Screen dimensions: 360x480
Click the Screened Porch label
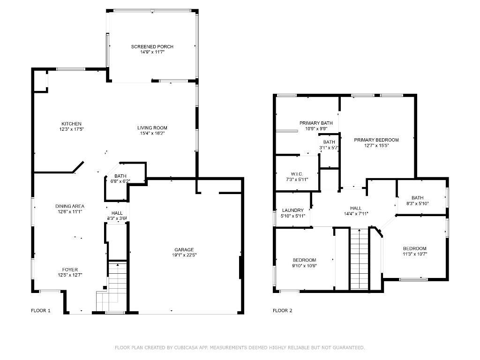(152, 46)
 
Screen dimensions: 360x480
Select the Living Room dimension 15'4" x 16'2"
(152, 133)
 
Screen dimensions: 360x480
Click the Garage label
(184, 250)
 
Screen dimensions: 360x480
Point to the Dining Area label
(70, 206)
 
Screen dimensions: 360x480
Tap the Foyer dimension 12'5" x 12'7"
(70, 275)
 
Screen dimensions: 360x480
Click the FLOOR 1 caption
(41, 310)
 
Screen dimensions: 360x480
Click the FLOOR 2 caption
(283, 310)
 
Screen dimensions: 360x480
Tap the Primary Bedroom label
(376, 140)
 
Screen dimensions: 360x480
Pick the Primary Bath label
(313, 123)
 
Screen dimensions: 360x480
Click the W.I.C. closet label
(297, 173)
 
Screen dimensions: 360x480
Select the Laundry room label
(293, 210)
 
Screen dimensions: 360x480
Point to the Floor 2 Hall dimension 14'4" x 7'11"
(356, 213)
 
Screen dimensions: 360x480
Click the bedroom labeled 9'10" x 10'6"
(304, 260)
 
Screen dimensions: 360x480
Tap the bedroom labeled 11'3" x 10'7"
(415, 248)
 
